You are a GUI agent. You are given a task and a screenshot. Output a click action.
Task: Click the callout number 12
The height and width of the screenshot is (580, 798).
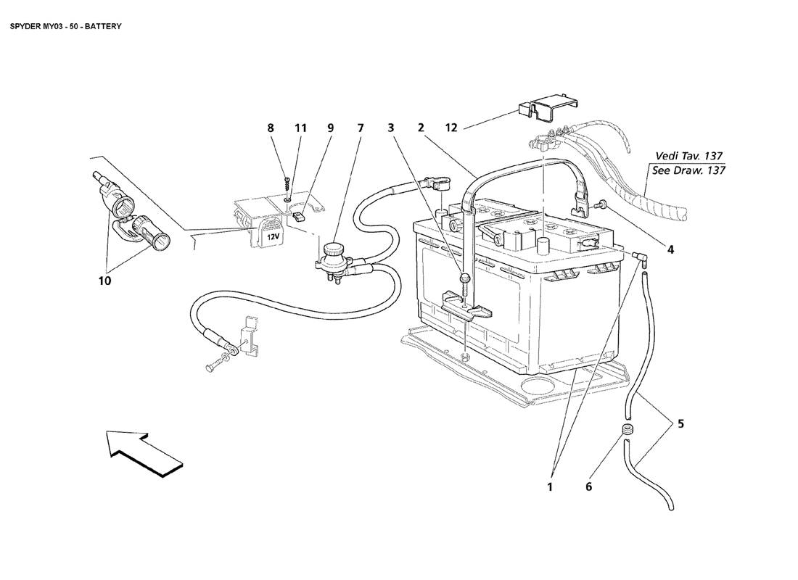point(451,128)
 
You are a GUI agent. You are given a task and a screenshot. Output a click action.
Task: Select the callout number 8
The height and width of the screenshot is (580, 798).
point(271,128)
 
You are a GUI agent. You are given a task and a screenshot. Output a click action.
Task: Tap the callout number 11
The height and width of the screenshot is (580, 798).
point(300,128)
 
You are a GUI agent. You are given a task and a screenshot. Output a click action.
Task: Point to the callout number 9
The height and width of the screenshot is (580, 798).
point(330,128)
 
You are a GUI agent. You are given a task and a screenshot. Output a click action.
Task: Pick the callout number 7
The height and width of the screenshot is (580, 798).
point(361,128)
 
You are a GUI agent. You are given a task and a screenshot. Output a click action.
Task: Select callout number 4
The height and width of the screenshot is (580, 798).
point(670,250)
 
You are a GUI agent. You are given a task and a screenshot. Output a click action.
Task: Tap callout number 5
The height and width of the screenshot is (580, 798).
point(680,424)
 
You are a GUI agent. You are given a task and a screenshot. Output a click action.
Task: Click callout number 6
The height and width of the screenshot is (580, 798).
point(588,487)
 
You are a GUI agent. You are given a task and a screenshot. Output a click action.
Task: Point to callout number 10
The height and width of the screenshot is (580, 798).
point(105,281)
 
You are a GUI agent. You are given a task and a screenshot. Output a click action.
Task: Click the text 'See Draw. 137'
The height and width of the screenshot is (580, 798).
point(688,170)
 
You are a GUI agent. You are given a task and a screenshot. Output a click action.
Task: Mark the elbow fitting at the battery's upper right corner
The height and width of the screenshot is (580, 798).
point(638,257)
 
